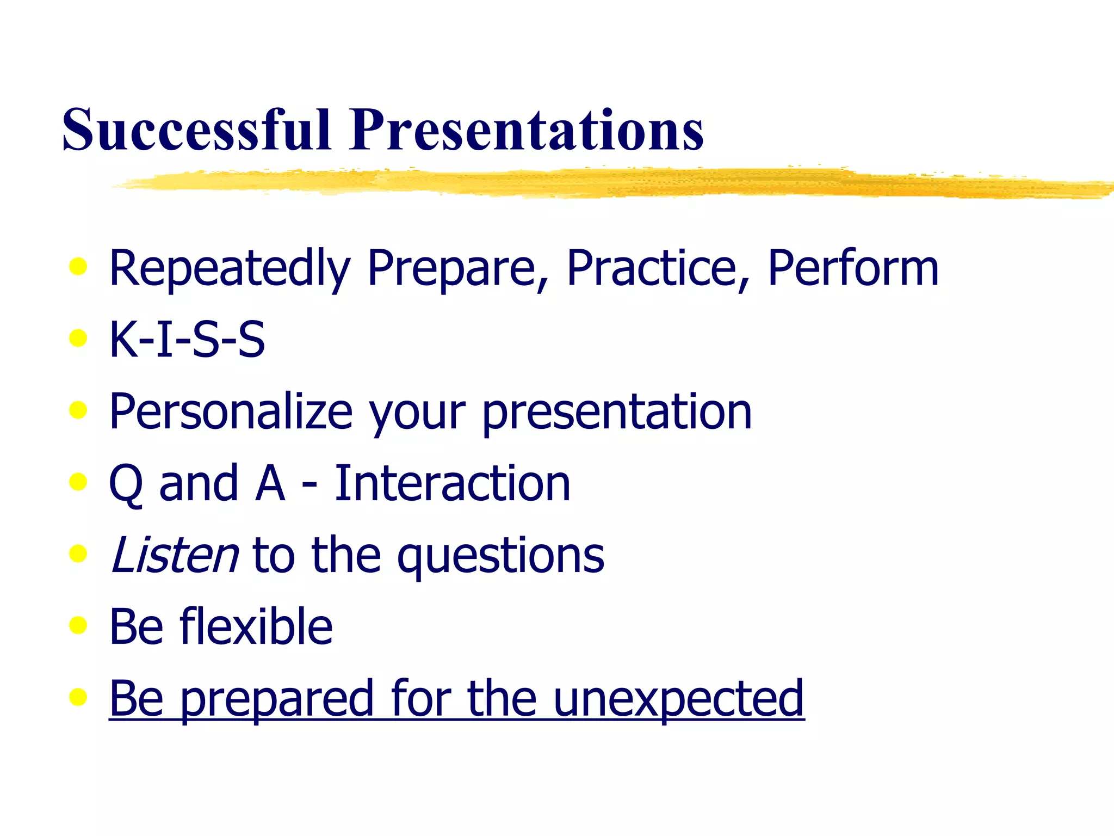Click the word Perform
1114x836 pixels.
click(x=853, y=268)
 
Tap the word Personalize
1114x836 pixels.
click(x=231, y=411)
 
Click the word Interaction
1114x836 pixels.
click(x=452, y=483)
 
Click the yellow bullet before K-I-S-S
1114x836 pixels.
click(x=78, y=338)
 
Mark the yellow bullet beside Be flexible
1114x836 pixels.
click(x=78, y=625)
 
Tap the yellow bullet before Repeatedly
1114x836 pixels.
click(x=78, y=266)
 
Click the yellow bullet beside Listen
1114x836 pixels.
click(x=78, y=554)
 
